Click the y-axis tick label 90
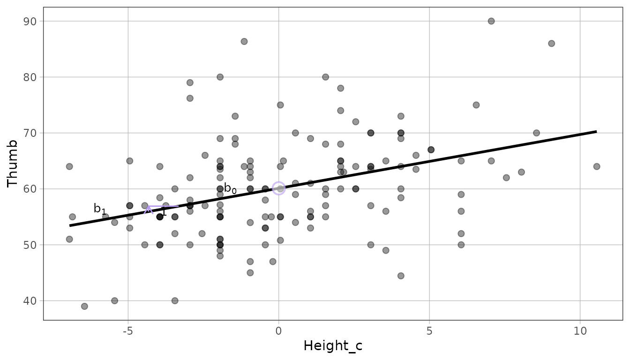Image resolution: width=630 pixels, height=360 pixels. point(30,22)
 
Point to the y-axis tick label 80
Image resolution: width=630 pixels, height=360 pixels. point(30,77)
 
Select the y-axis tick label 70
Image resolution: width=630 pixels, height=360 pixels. point(30,133)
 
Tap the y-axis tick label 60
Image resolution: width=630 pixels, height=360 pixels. point(30,189)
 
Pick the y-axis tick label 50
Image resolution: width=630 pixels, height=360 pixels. point(30,245)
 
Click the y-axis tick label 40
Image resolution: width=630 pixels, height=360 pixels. point(30,301)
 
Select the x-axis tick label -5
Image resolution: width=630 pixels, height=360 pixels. point(128,331)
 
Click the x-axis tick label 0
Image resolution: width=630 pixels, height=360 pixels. point(278,331)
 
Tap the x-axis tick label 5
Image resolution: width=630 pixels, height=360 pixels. point(429,331)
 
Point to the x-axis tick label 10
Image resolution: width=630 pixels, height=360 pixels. point(580,331)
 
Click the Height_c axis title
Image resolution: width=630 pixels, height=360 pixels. point(333,346)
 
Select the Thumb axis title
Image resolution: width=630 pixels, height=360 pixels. point(12,164)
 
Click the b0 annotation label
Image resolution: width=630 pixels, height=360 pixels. point(230,188)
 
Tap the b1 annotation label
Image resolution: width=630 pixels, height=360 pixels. point(100,209)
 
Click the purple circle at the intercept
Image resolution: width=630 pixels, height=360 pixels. point(279,182)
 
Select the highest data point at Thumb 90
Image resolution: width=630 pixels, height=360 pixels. point(491,21)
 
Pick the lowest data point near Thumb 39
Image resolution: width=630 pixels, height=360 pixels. point(84,306)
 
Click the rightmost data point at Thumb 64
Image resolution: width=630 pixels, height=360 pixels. point(597,166)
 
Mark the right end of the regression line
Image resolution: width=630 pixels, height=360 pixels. point(597,131)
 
